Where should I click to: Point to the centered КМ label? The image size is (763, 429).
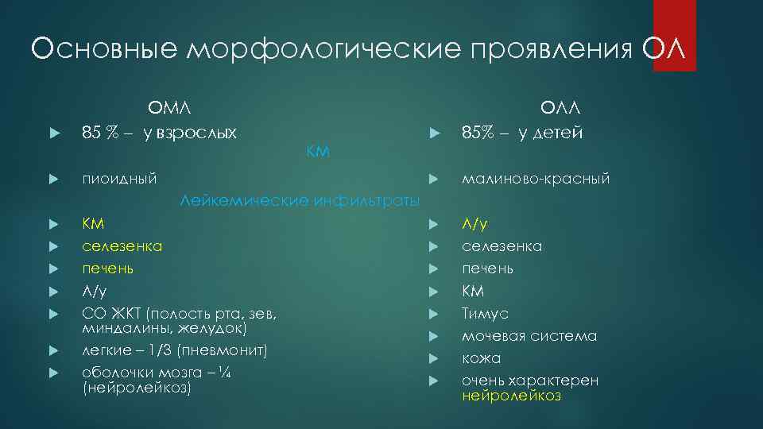(318, 152)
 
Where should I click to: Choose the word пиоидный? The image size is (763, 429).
(119, 179)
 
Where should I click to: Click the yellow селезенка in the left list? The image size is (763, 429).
(122, 246)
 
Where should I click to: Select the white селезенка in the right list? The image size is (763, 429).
(502, 246)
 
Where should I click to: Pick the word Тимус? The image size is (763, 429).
(485, 313)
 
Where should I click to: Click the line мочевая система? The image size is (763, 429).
(529, 336)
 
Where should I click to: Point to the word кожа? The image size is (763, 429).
(482, 358)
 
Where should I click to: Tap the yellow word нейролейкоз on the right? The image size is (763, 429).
(511, 396)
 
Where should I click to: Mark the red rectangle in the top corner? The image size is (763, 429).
(674, 36)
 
